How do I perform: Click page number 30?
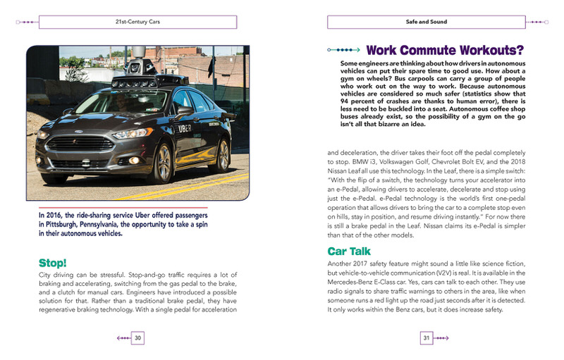tap(138, 338)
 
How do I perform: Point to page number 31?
tap(426, 338)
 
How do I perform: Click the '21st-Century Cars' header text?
tap(137, 23)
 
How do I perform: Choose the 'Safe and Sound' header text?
tap(426, 23)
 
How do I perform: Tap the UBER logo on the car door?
tap(185, 128)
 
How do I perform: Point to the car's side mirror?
tap(185, 111)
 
